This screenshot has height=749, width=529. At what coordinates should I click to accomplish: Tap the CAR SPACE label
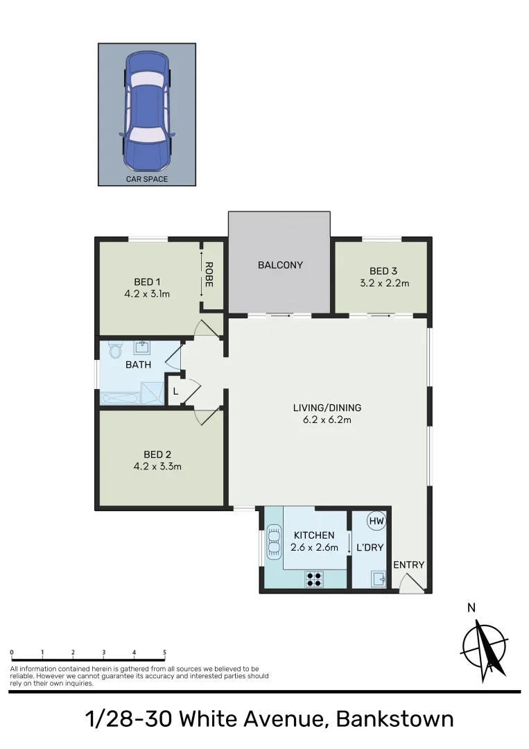click(x=146, y=179)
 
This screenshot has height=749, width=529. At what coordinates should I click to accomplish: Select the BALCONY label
click(x=280, y=265)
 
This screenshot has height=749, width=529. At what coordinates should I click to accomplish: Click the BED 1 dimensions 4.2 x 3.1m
click(x=147, y=293)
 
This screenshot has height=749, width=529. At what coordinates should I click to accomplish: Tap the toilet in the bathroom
click(x=114, y=352)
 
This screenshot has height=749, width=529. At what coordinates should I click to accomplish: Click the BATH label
click(x=138, y=365)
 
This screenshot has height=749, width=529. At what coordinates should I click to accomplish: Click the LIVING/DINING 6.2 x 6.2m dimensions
click(x=327, y=420)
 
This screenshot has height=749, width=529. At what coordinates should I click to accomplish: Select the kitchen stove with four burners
click(x=313, y=578)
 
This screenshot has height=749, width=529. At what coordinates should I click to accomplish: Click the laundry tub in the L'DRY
click(x=378, y=578)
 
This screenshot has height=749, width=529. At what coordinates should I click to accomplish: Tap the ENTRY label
click(x=408, y=565)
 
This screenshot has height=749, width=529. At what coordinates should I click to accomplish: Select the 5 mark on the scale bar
click(x=164, y=653)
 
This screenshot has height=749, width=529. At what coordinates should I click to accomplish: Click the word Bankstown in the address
click(x=394, y=719)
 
